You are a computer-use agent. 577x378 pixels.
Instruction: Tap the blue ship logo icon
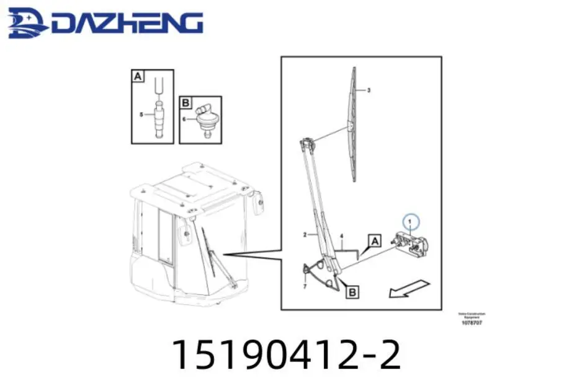pyautogui.click(x=27, y=24)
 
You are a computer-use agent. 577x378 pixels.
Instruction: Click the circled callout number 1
pyautogui.click(x=410, y=221)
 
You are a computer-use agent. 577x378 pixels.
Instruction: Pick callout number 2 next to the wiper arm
pyautogui.click(x=305, y=235)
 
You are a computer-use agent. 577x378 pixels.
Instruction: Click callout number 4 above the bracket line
pyautogui.click(x=341, y=235)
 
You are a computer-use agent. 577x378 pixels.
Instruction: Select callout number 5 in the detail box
pyautogui.click(x=141, y=115)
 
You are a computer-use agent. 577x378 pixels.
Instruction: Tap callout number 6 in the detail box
pyautogui.click(x=185, y=119)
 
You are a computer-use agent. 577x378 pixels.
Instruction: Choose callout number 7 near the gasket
pyautogui.click(x=305, y=287)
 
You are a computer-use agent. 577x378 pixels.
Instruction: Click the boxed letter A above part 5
pyautogui.click(x=138, y=77)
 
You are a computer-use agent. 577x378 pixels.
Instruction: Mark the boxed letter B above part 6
pyautogui.click(x=186, y=102)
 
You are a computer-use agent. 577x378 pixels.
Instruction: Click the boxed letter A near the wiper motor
pyautogui.click(x=374, y=239)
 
